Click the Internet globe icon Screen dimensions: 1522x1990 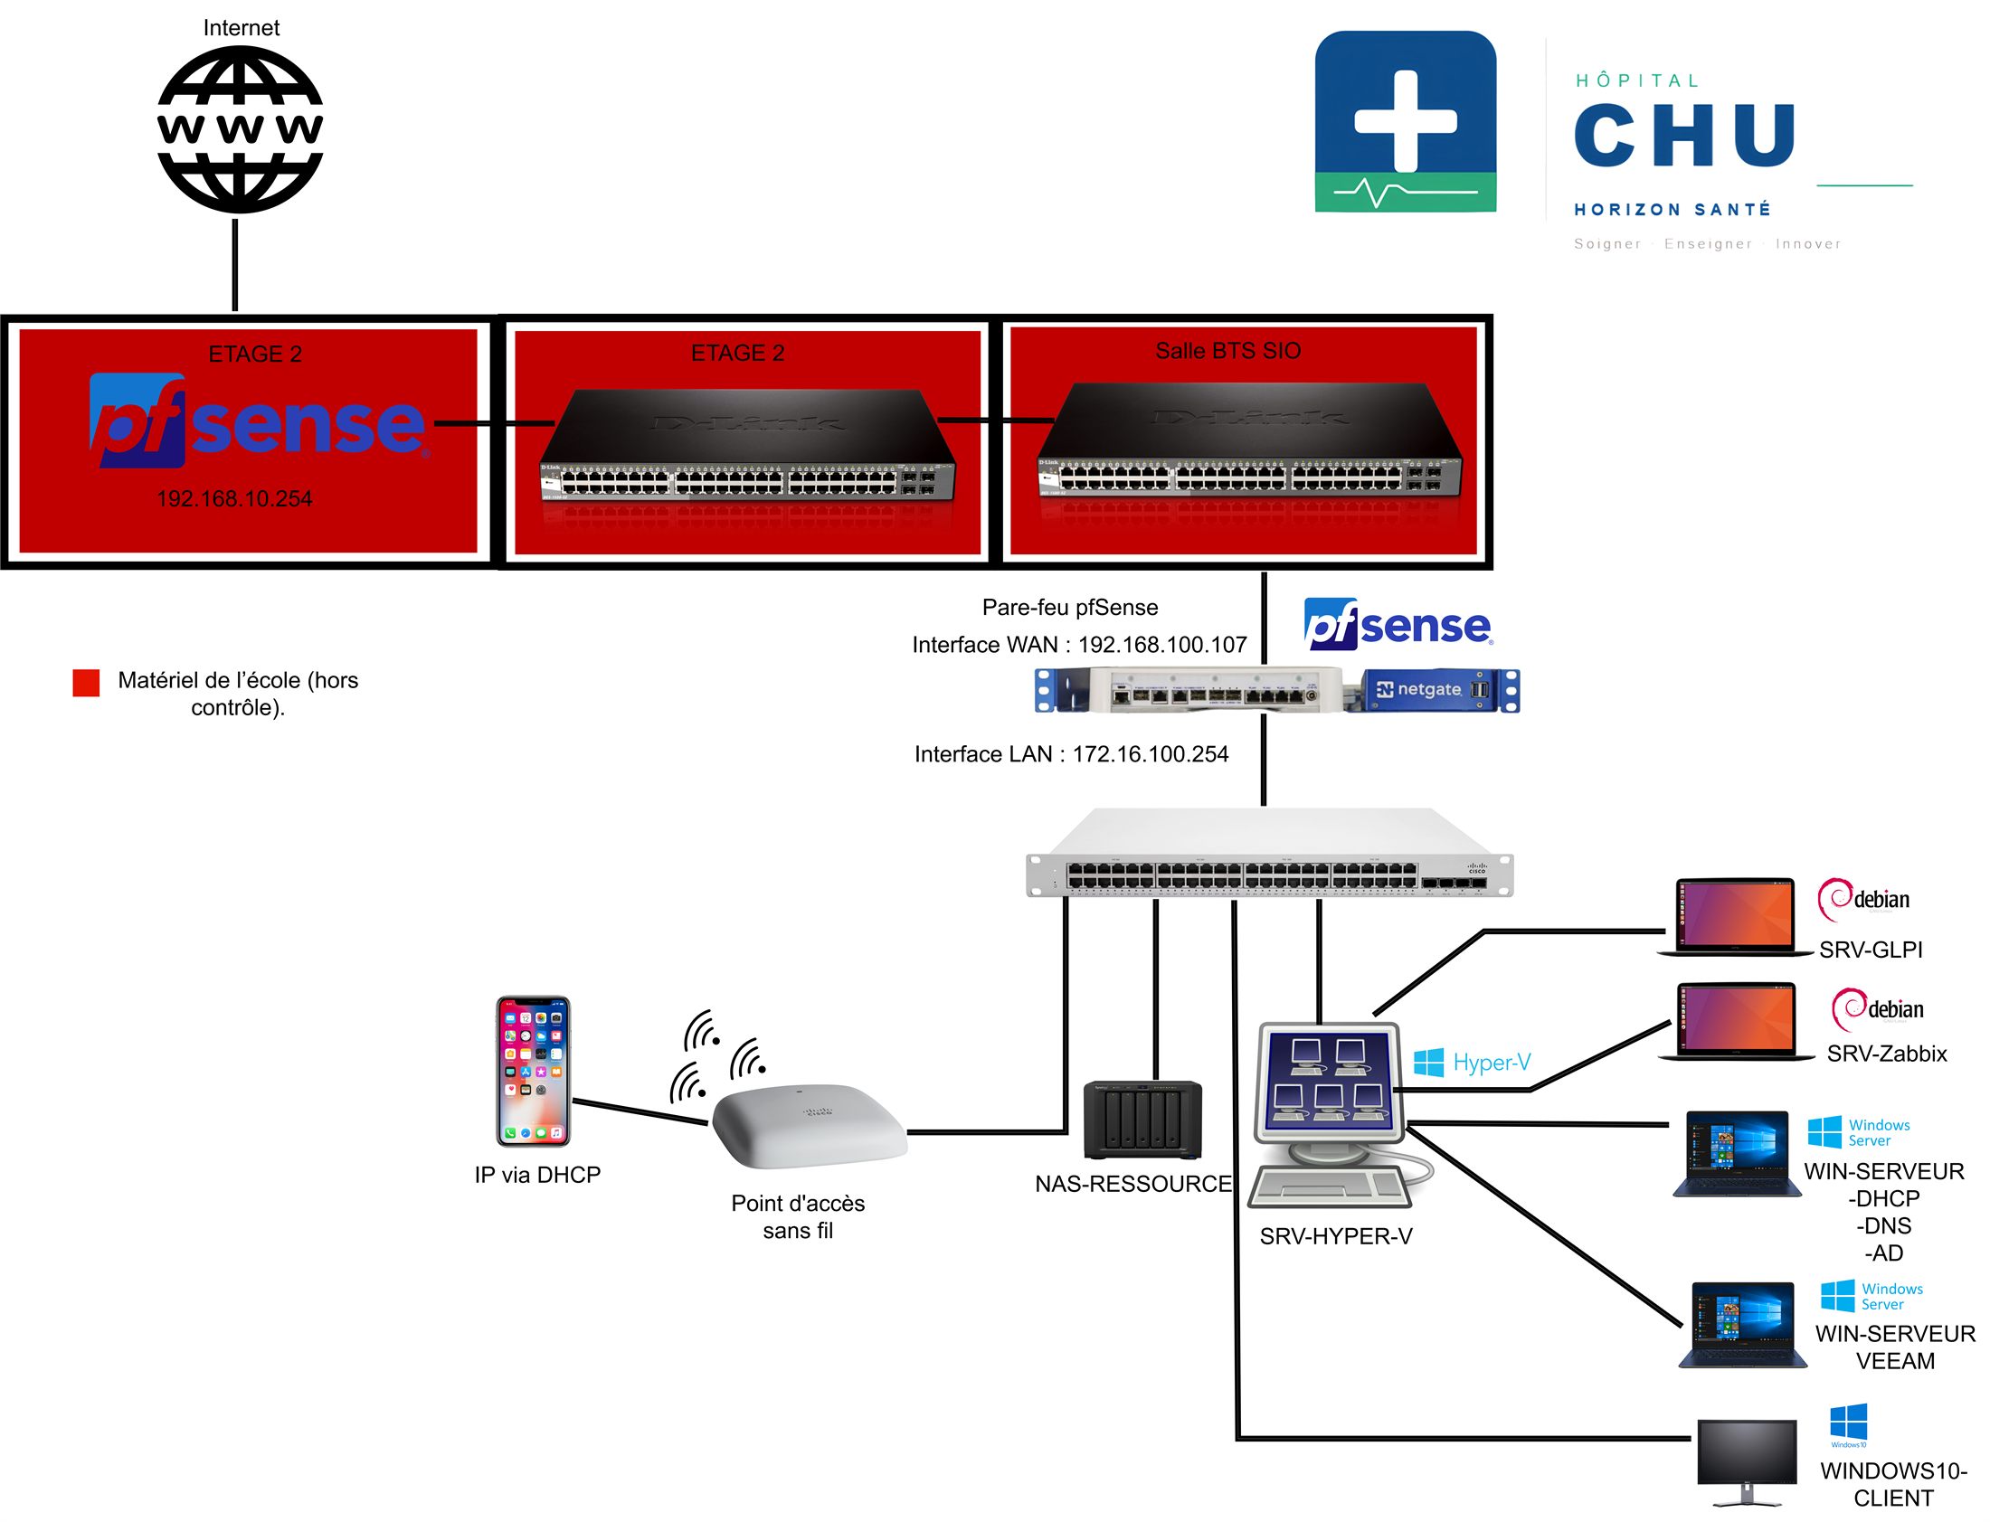tap(239, 129)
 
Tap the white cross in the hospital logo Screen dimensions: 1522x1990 tap(1405, 121)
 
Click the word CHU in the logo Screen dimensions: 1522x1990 tap(1684, 135)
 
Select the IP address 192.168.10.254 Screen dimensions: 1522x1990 tap(234, 498)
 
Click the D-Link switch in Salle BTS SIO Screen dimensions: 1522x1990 tap(1248, 442)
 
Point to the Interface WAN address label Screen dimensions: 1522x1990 tap(1078, 644)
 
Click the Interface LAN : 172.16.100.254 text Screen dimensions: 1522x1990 tap(1071, 753)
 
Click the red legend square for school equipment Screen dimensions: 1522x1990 tap(86, 683)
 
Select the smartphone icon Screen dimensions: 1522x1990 tap(533, 1071)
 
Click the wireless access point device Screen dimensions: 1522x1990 tap(809, 1125)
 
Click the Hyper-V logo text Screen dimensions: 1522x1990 tap(1491, 1062)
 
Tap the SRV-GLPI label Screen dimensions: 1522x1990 tap(1871, 950)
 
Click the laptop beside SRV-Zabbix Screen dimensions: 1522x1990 tap(1734, 1022)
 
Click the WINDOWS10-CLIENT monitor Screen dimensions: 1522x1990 tap(1747, 1460)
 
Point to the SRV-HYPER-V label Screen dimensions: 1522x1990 tap(1336, 1235)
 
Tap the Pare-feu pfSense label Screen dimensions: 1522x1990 tap(1069, 607)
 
